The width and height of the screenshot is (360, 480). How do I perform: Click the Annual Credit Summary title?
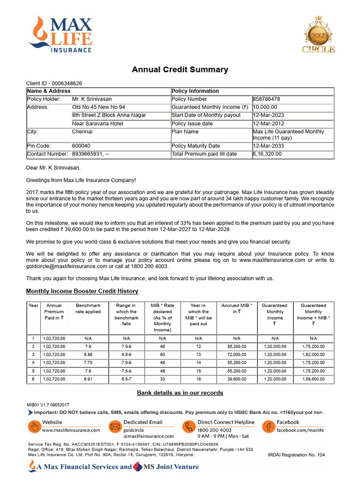point(180,70)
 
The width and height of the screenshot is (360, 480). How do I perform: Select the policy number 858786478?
point(267,99)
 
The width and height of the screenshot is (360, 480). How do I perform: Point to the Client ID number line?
point(54,83)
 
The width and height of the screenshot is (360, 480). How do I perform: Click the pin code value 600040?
point(81,146)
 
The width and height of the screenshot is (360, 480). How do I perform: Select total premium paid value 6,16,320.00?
point(267,154)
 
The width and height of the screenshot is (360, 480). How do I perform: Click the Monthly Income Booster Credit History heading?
point(82,291)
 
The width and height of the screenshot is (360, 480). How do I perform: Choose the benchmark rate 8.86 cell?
point(88,354)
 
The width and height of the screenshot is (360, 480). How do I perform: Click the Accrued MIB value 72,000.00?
point(236,354)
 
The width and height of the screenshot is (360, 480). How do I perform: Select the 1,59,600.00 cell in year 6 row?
point(313,379)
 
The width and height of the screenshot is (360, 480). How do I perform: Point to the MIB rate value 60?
point(162,354)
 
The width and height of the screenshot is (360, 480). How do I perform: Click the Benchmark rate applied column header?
point(88,308)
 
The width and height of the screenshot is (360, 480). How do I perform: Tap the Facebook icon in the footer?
point(269,426)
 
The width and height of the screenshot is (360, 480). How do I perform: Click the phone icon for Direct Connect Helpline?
point(189,426)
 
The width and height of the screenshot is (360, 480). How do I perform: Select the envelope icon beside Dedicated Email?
point(115,426)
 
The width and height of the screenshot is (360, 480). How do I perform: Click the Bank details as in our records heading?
point(180,392)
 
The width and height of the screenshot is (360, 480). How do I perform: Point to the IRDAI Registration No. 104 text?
point(296,455)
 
